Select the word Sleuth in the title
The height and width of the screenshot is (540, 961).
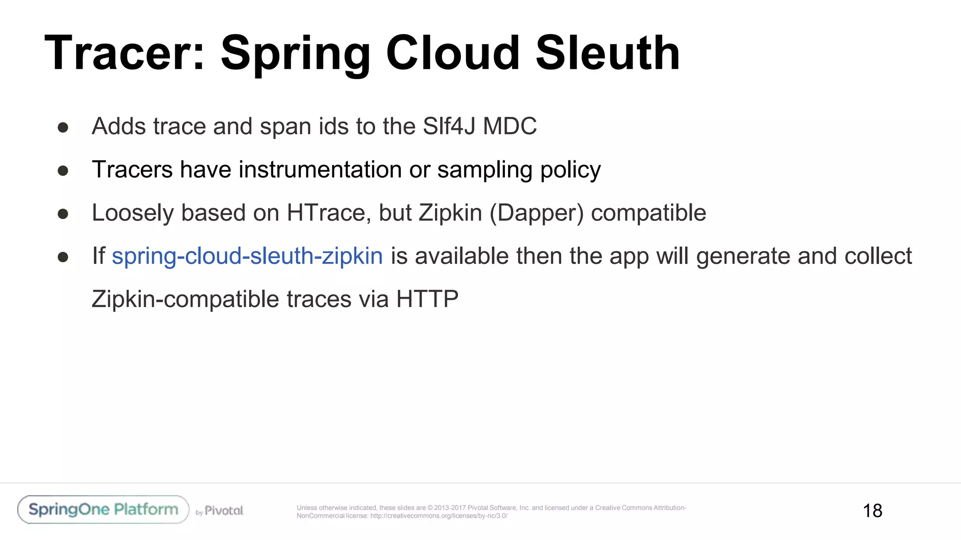[608, 53]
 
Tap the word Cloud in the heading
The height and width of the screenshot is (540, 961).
[453, 53]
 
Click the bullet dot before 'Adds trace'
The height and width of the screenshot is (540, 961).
[63, 127]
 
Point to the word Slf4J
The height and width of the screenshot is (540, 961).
[449, 127]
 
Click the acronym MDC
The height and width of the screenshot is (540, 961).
[510, 127]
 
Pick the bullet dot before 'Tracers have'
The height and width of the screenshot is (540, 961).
[63, 171]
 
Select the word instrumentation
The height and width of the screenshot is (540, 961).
[320, 170]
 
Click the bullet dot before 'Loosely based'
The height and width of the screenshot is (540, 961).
[63, 214]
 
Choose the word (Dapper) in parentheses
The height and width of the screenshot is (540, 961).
[536, 213]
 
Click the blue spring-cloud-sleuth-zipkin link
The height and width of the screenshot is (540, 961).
[247, 256]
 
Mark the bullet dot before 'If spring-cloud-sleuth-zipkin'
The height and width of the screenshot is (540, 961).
[63, 257]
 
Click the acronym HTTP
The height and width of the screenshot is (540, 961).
[427, 300]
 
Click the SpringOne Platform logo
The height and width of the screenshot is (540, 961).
[103, 510]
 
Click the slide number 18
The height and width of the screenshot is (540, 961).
[872, 511]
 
